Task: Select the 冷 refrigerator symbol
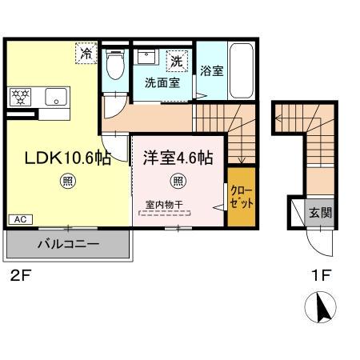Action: pyautogui.click(x=85, y=54)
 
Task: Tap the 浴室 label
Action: pyautogui.click(x=211, y=71)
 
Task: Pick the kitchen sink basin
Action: pyautogui.click(x=55, y=98)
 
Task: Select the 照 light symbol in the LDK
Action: pyautogui.click(x=67, y=182)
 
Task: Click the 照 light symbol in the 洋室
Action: pyautogui.click(x=178, y=180)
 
